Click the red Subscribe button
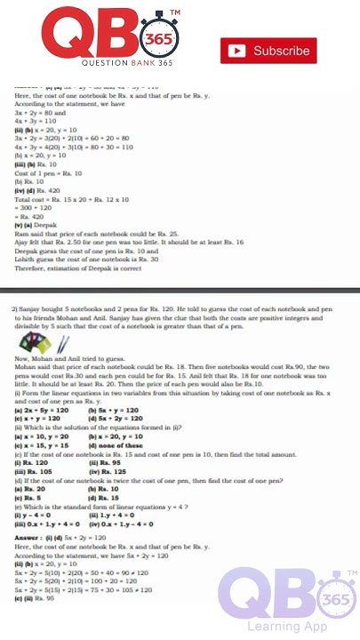coord(268,51)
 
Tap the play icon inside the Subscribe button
coord(237,51)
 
